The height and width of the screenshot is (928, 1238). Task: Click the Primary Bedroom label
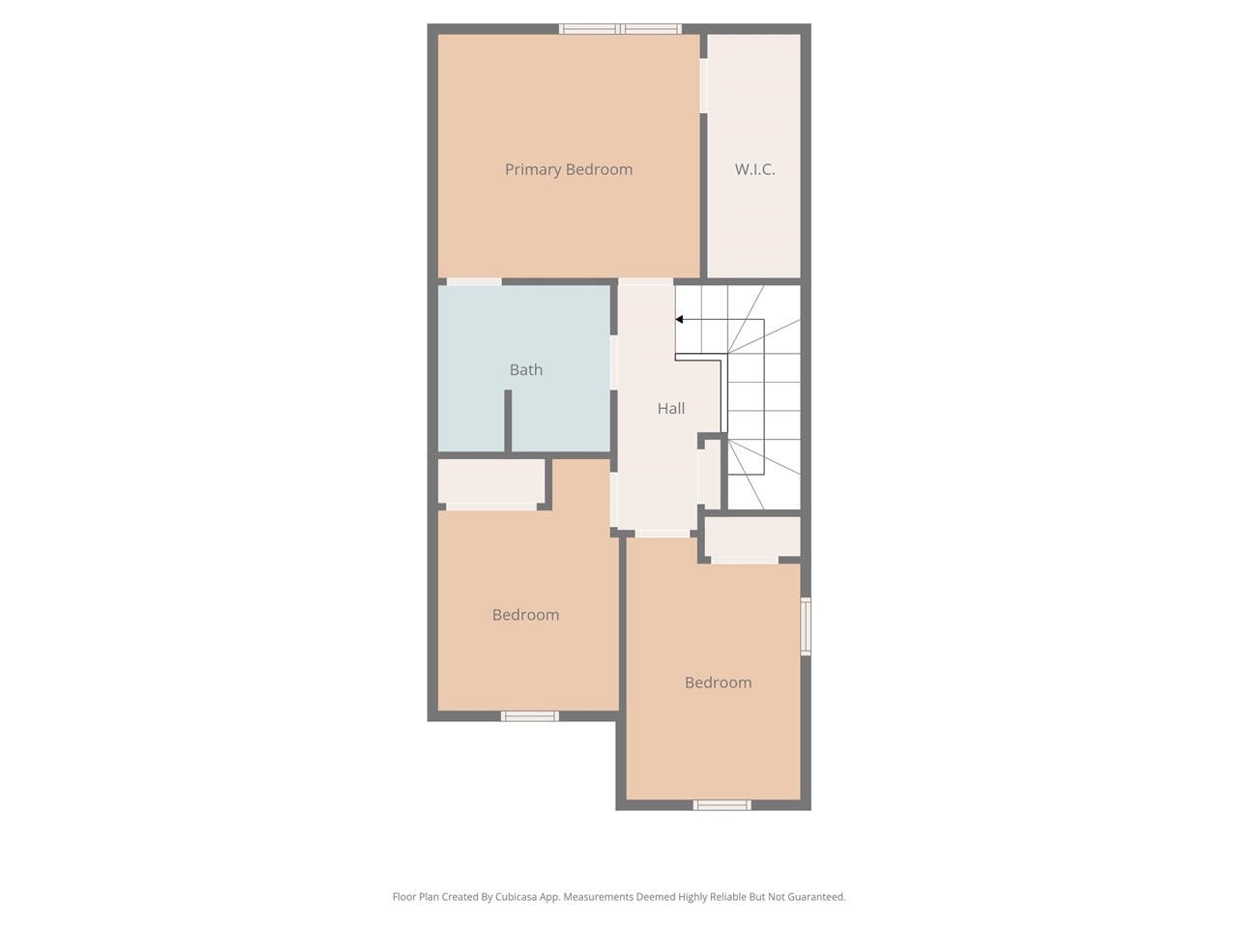pos(569,169)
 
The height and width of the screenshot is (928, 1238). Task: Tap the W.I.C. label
pos(754,169)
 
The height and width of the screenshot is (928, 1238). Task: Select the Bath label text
pos(526,369)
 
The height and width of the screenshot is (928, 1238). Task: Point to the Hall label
pos(671,408)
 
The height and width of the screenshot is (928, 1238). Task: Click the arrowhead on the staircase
pos(680,319)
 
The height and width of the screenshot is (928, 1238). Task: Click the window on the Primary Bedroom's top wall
pos(621,29)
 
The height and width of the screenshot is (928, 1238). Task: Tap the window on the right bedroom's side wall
pos(806,626)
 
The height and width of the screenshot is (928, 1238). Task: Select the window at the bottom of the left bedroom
pos(529,716)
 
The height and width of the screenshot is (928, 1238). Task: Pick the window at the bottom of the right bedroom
pos(722,804)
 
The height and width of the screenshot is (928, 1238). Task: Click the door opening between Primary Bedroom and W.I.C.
pos(704,85)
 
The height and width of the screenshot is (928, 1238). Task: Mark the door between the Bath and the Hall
pos(613,362)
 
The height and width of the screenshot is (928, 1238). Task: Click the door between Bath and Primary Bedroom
pos(474,281)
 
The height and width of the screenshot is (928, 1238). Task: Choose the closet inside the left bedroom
pos(491,480)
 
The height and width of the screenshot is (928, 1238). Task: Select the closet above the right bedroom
pos(752,536)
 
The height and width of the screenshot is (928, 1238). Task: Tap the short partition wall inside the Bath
pos(508,420)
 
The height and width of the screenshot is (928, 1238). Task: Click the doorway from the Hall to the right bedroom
pos(663,534)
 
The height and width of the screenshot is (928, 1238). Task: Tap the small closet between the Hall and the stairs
pos(711,474)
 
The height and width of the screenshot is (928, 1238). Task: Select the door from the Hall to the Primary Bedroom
pos(645,281)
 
